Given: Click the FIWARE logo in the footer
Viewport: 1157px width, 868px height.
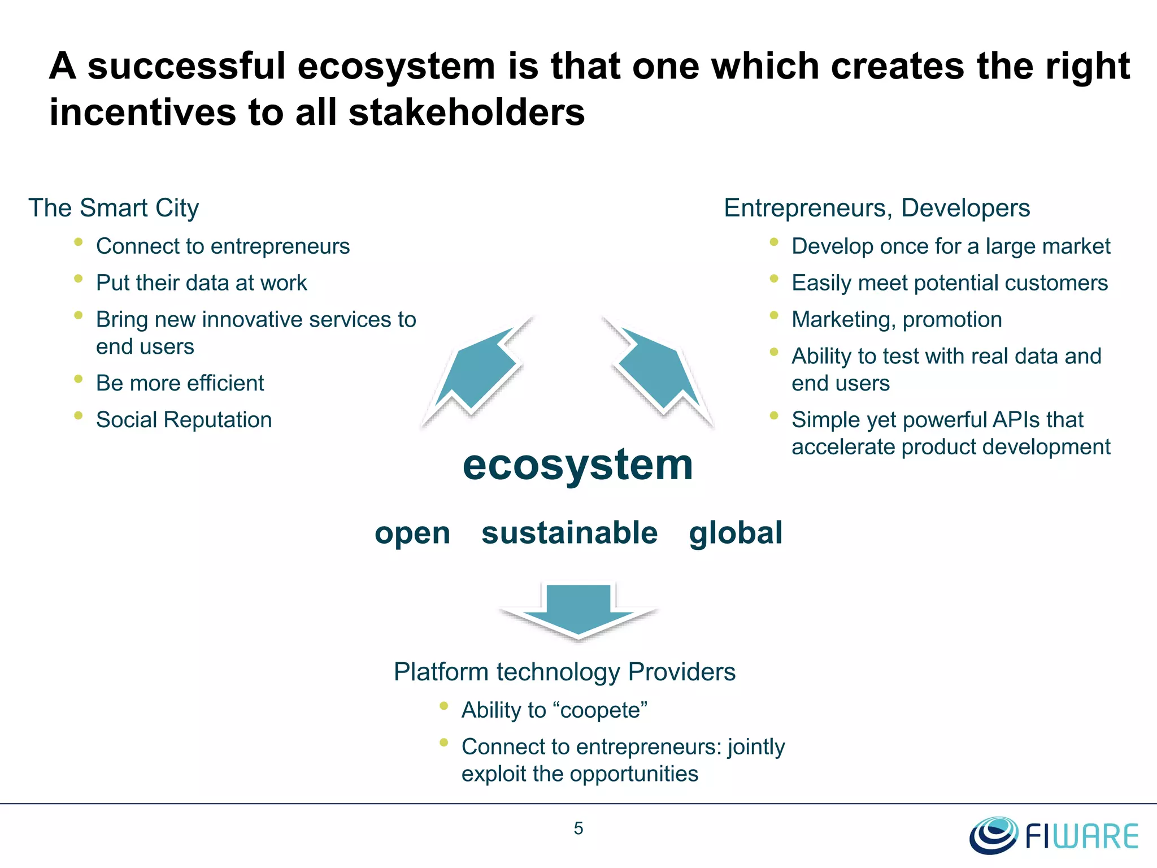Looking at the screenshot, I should click(x=1054, y=835).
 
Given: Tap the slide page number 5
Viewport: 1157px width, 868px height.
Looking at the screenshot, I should click(x=578, y=828).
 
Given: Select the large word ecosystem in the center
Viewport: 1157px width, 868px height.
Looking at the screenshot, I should click(x=577, y=465).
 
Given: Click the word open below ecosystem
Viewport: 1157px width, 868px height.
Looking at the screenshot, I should click(x=412, y=533).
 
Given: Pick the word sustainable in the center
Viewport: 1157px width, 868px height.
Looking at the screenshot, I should click(x=569, y=533).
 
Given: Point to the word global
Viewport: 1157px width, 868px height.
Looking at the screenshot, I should click(x=736, y=533).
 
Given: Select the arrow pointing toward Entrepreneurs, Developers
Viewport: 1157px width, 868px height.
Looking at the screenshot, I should click(x=658, y=371).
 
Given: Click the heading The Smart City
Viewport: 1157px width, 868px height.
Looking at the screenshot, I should click(x=114, y=208).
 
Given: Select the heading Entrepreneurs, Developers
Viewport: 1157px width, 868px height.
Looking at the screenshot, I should click(x=877, y=208).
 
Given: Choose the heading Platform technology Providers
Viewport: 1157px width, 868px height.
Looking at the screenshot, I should click(x=564, y=672).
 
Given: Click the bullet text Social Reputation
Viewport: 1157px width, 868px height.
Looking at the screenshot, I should click(x=184, y=420).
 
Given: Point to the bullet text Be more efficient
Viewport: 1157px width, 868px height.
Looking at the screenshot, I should click(x=180, y=383).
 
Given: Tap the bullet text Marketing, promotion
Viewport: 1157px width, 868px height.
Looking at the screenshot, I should click(x=897, y=320).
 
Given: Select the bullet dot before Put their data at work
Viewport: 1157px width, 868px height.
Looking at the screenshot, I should click(x=79, y=279).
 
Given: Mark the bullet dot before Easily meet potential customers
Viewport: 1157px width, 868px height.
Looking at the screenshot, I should click(x=774, y=279).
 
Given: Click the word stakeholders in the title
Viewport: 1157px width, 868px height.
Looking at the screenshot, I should click(x=467, y=112).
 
